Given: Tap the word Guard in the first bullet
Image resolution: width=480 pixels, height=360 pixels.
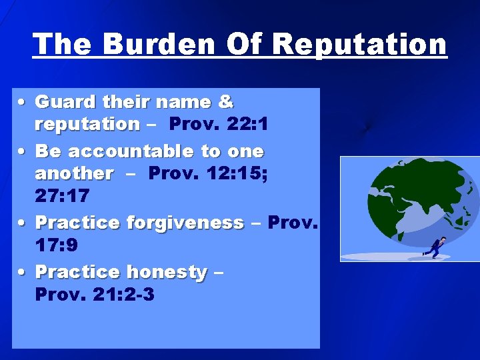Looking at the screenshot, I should coord(65,102).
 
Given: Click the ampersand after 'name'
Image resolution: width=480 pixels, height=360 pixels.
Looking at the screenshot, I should coord(225,102).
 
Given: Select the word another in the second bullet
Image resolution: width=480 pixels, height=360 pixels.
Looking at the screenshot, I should coord(74,173).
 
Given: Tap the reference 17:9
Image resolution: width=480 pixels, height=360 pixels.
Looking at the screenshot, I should coord(57,246).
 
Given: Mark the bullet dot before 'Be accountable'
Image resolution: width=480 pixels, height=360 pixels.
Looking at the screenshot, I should coord(23,152).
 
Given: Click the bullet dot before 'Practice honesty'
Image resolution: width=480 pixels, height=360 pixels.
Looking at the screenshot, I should coord(23,272).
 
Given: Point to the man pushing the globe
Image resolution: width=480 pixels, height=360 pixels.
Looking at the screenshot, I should coord(436,246).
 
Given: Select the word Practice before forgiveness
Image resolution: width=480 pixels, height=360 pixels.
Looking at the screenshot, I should coord(77,222).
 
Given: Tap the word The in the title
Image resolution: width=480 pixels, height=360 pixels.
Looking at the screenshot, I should coord(61,44).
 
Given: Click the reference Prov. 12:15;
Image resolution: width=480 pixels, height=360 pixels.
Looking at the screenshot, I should coord(206,173).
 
